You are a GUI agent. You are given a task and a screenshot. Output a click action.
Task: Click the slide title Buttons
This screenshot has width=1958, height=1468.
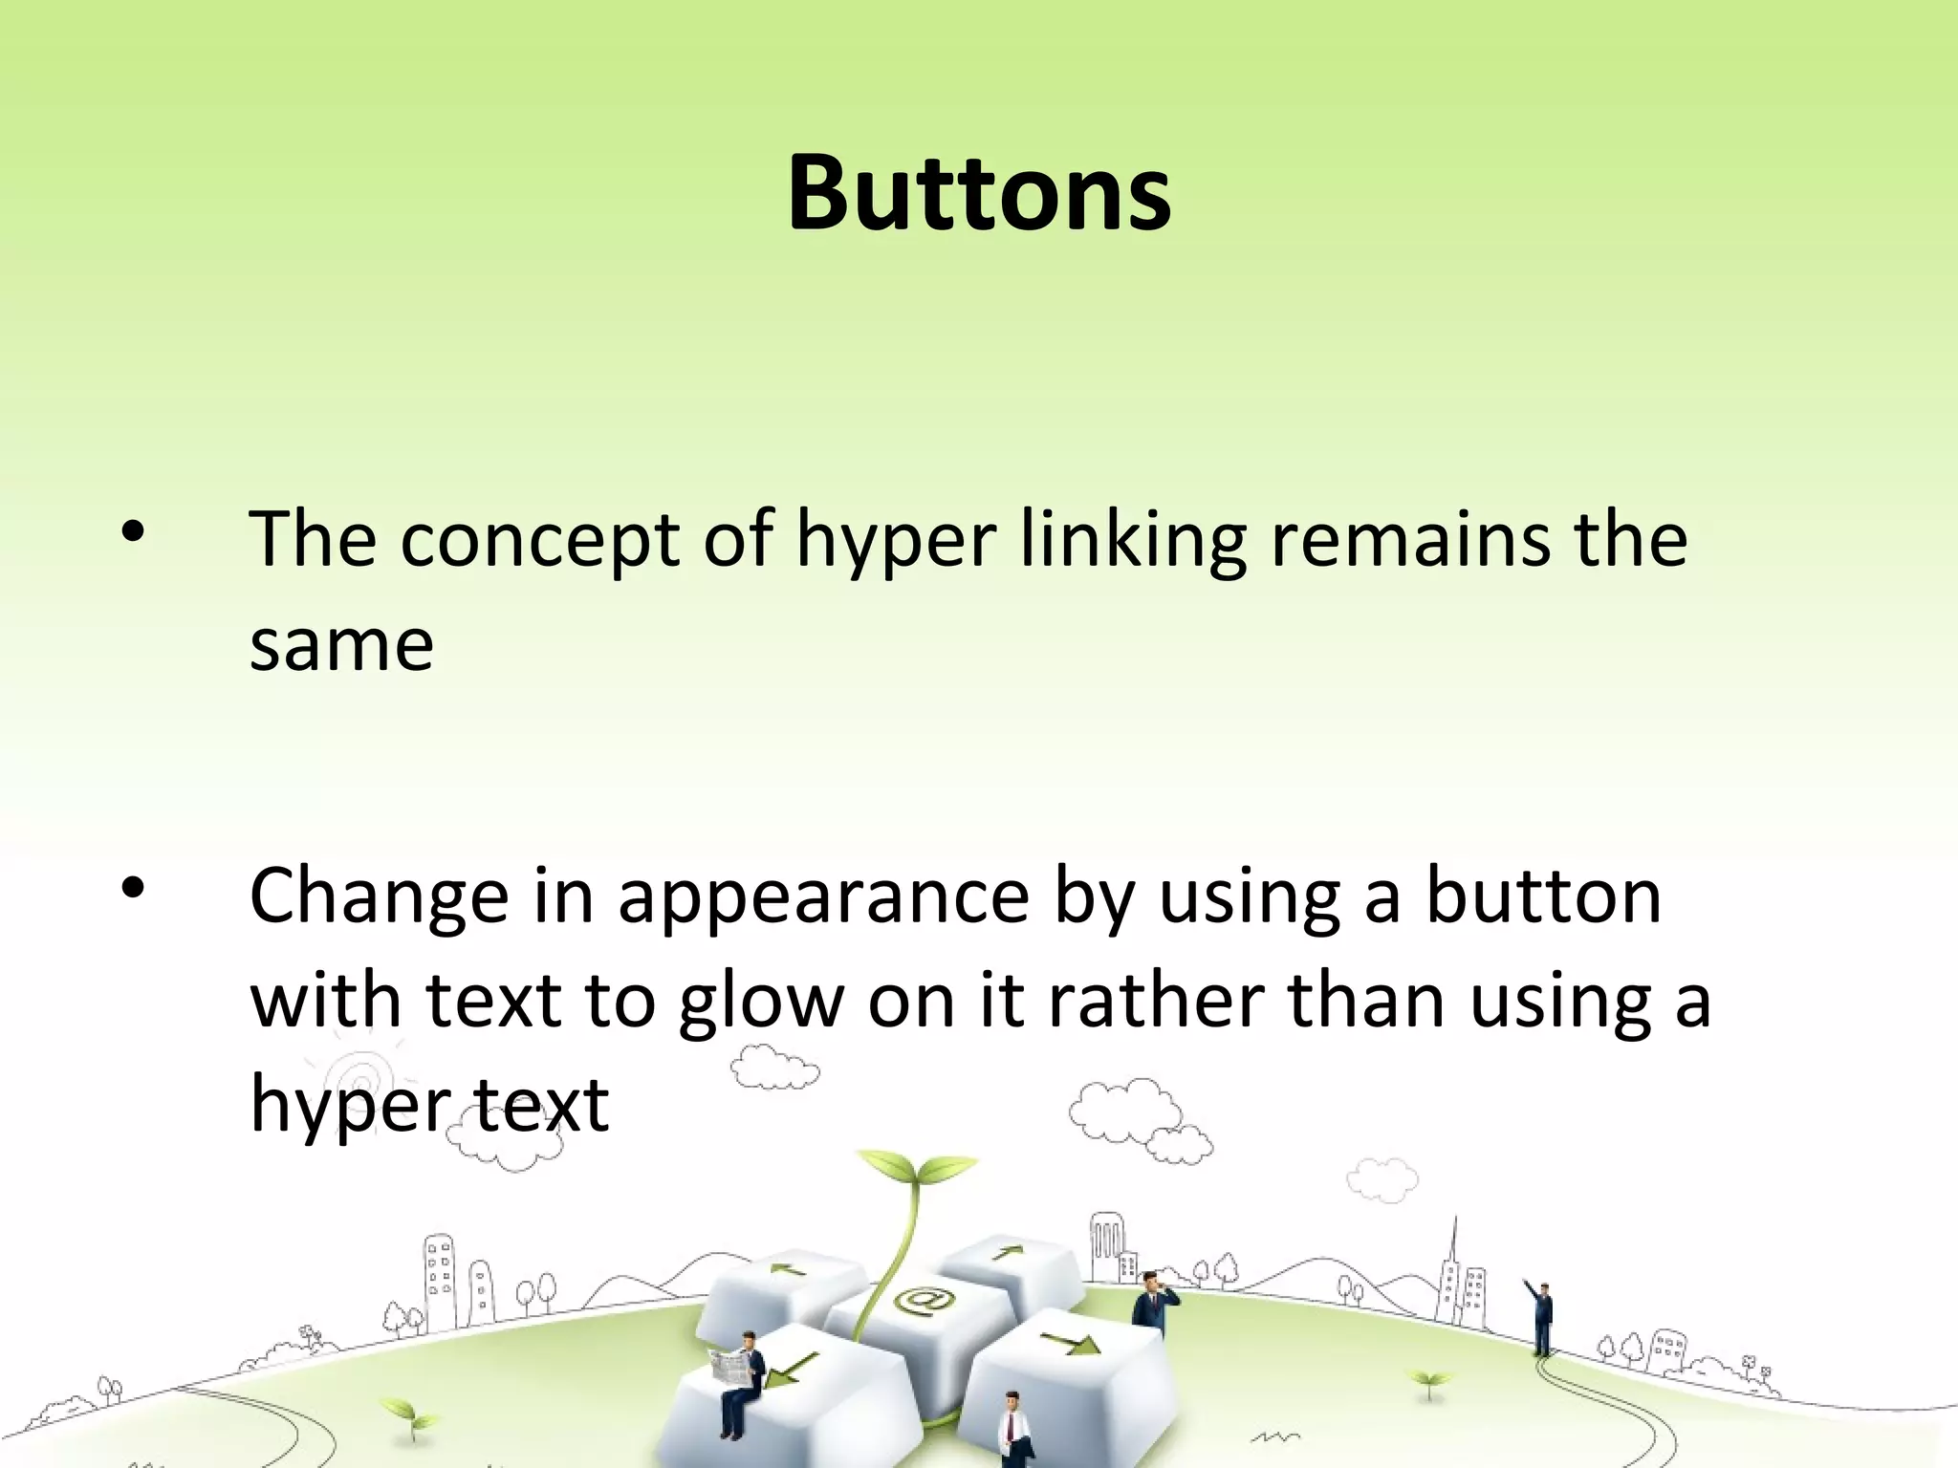point(979,194)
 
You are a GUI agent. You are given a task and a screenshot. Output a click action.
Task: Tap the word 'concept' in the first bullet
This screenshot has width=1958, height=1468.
point(540,541)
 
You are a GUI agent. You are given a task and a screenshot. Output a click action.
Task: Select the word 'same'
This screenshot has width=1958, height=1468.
point(341,645)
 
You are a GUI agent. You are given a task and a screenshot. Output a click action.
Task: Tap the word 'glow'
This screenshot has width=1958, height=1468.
point(762,1004)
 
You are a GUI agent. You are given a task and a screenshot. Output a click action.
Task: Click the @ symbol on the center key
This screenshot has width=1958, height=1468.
point(923,1301)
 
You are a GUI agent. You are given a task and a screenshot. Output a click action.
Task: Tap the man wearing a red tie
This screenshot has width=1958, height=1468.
point(1012,1428)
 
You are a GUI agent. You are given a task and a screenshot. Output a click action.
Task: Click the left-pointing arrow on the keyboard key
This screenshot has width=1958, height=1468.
point(790,1270)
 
